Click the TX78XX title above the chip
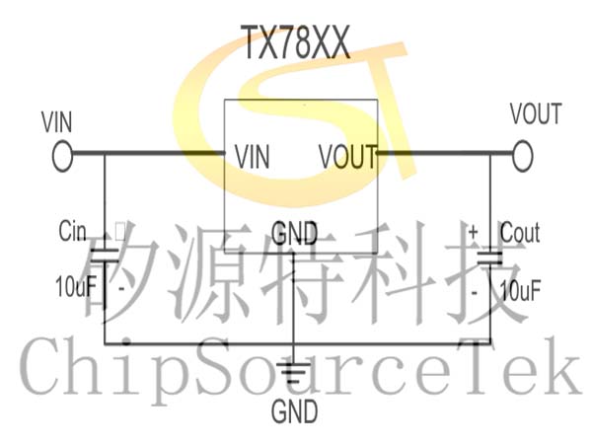(296, 42)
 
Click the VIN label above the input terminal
(56, 122)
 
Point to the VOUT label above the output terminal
(536, 113)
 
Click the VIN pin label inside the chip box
(253, 157)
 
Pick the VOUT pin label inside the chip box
(348, 156)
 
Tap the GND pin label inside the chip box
(294, 233)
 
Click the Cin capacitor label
(72, 231)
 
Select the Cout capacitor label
(520, 233)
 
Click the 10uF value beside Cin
(76, 286)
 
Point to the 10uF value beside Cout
(520, 290)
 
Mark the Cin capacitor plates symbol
(105, 256)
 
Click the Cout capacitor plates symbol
(490, 258)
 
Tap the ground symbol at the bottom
(294, 373)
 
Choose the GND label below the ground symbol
(294, 411)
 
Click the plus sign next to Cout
(473, 231)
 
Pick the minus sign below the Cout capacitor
(475, 292)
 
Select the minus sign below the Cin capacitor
(121, 289)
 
